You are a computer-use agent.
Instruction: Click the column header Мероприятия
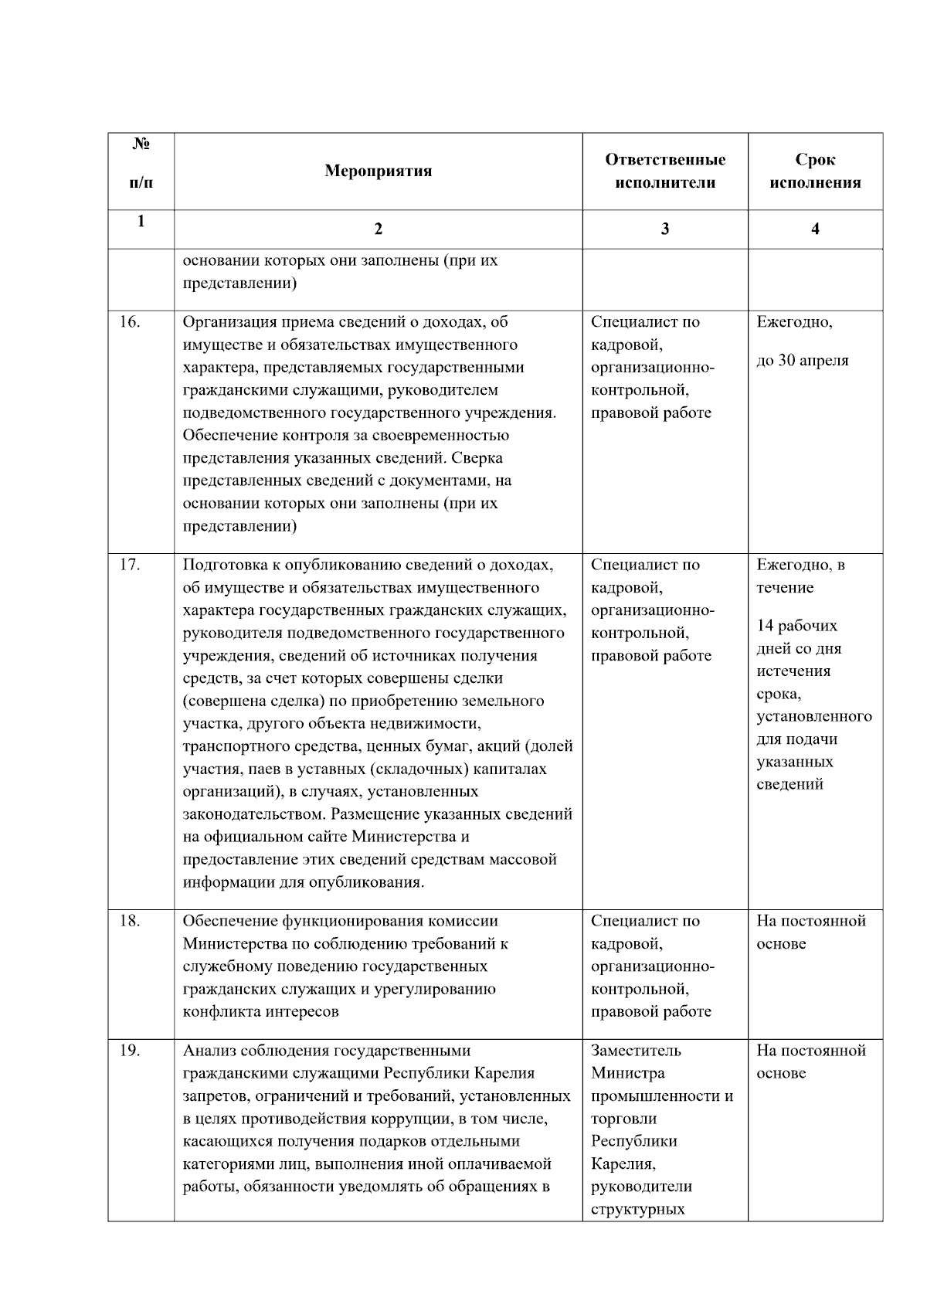(378, 171)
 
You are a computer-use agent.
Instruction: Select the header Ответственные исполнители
(665, 171)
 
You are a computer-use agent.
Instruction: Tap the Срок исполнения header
(815, 171)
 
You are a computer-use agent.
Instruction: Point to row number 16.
(130, 322)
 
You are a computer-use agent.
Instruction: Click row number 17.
(130, 565)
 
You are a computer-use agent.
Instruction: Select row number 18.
(130, 921)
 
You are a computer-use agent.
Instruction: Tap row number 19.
(130, 1051)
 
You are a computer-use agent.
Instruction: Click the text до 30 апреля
(802, 361)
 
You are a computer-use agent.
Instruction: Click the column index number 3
(665, 229)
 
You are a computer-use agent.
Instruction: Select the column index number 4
(815, 229)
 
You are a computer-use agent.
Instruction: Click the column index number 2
(378, 229)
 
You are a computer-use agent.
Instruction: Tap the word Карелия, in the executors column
(623, 1163)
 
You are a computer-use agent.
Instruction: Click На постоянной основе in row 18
(811, 932)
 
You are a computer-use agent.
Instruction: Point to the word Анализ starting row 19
(208, 1051)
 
